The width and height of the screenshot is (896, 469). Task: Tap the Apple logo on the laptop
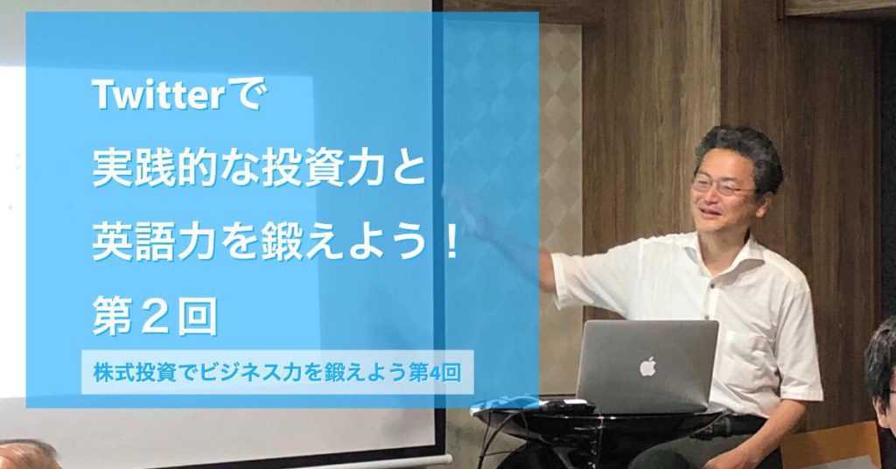[647, 366]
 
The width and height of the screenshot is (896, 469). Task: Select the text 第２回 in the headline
[154, 317]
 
